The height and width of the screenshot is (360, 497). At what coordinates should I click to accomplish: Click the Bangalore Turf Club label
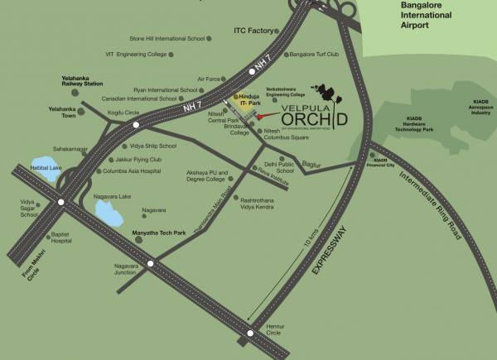pos(316,55)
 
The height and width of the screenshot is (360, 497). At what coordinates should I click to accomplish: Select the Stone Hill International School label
pos(166,38)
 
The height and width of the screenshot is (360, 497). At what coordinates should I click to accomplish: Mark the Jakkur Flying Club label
pos(133,158)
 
